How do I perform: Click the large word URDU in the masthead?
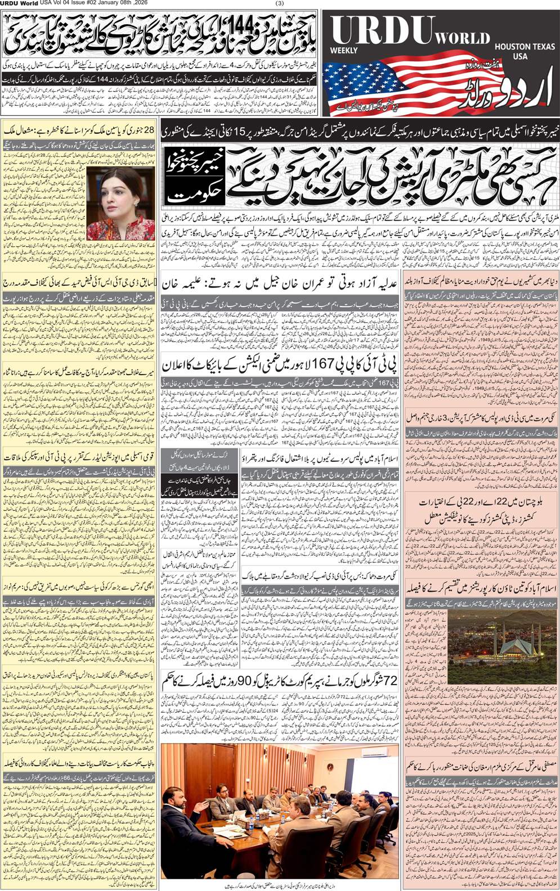pyautogui.click(x=383, y=31)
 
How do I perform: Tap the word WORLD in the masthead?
pyautogui.click(x=462, y=39)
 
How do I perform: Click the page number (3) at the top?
pyautogui.click(x=280, y=3)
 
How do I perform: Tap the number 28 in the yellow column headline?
pyautogui.click(x=149, y=130)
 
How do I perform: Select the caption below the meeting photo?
pyautogui.click(x=280, y=885)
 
